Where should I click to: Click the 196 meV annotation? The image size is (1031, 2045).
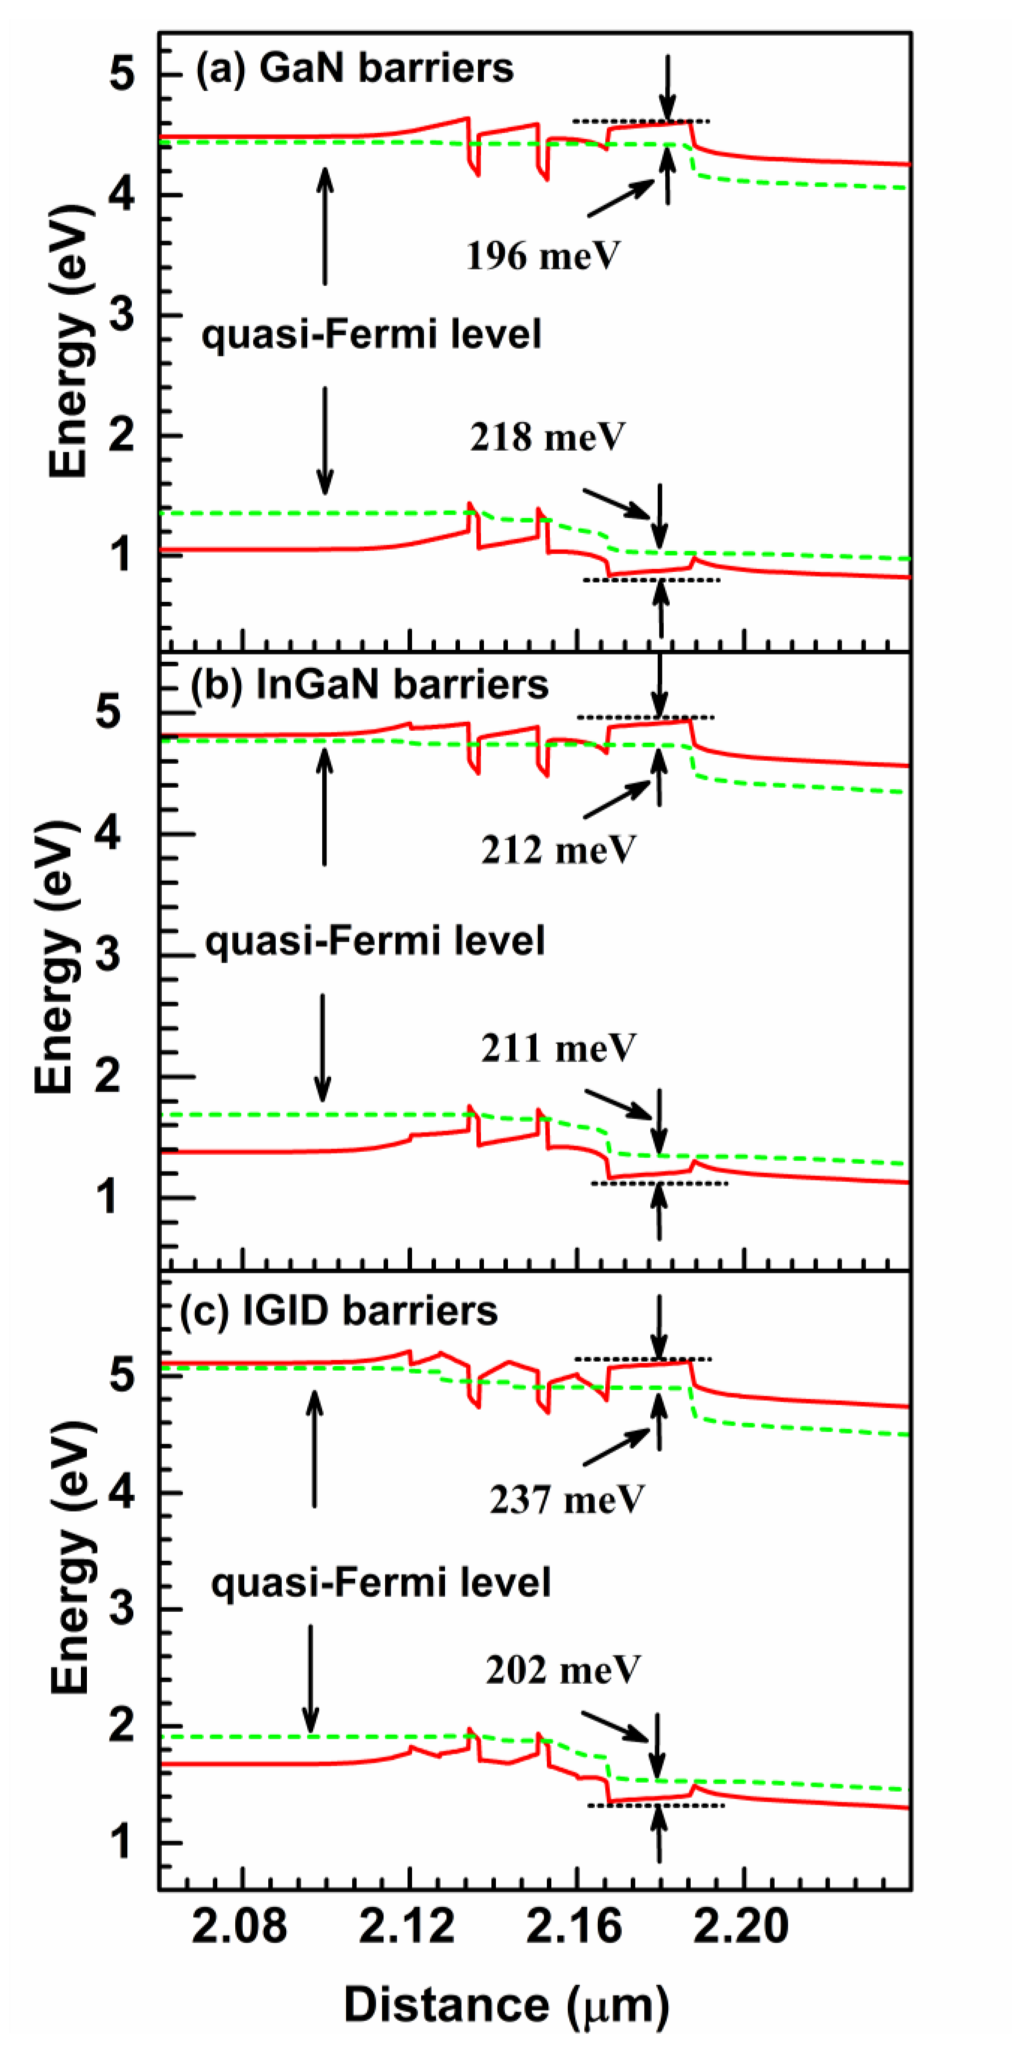(542, 256)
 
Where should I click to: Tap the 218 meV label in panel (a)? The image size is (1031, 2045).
(547, 436)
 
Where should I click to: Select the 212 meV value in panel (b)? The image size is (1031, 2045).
(558, 850)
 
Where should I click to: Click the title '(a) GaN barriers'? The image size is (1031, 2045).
(355, 68)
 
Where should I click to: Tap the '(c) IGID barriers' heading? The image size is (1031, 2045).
(339, 1311)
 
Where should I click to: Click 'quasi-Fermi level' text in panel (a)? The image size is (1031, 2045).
(371, 334)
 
